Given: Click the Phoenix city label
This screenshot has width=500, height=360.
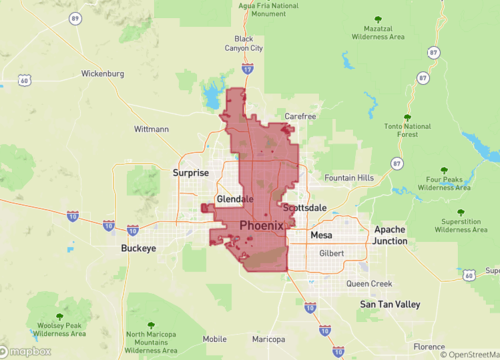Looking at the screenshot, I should click(x=261, y=226).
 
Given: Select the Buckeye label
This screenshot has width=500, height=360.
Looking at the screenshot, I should click(x=139, y=247).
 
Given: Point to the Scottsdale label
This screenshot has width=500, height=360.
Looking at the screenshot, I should click(x=305, y=207).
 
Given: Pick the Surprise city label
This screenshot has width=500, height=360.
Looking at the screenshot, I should click(x=191, y=172).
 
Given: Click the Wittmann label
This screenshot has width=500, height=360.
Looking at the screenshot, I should click(x=151, y=129).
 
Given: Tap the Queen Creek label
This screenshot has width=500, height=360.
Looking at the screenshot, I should click(x=369, y=283).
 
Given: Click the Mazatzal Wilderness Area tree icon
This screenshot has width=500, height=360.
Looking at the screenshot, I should click(x=376, y=19).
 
